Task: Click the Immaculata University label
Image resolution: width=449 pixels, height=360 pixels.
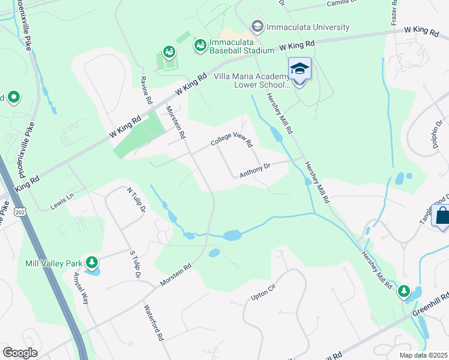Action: [x=307, y=27]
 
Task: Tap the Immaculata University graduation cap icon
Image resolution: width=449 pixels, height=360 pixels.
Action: [x=257, y=26]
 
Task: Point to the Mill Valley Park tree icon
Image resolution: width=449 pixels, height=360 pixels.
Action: [x=92, y=263]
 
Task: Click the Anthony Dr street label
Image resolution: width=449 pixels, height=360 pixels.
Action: [x=256, y=172]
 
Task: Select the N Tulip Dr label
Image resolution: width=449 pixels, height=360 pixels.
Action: [x=136, y=200]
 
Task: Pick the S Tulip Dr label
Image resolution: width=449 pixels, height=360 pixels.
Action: [x=134, y=264]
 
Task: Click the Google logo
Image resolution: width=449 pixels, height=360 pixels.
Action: [x=19, y=353]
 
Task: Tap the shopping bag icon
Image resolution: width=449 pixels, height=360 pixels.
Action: [x=442, y=217]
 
